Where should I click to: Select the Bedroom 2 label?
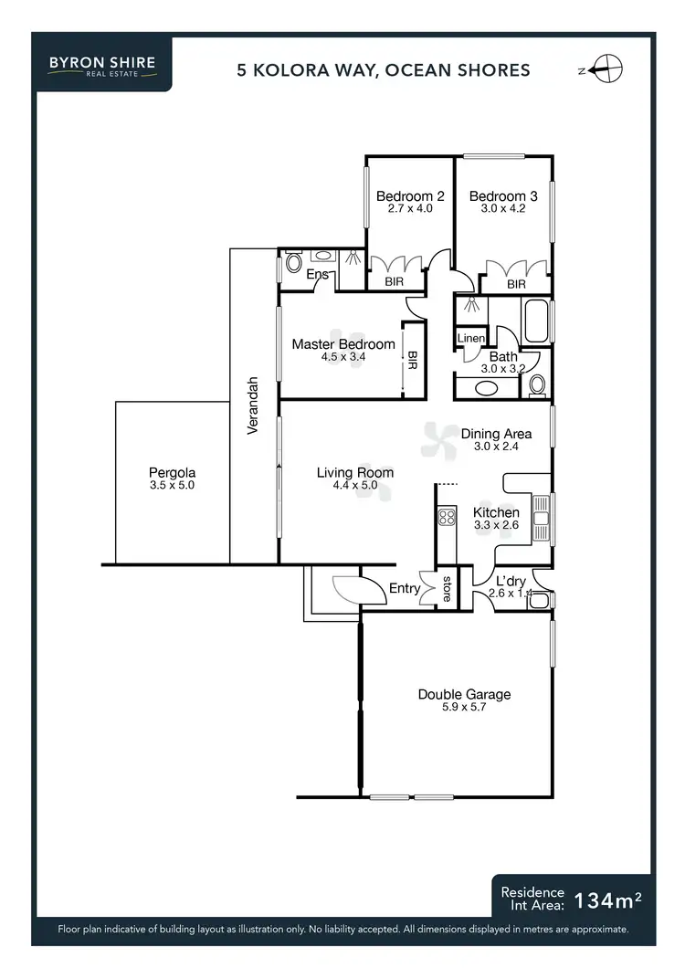coord(410,196)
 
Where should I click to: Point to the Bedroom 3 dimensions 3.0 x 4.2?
coord(503,209)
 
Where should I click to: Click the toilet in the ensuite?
coord(292,264)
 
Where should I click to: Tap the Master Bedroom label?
coord(343,344)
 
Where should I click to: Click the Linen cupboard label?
coord(471,339)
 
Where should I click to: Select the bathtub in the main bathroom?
coord(535,321)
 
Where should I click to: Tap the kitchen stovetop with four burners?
coord(447,518)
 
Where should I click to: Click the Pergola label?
coord(172,473)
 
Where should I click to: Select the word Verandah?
coord(255,405)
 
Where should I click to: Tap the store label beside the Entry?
coord(447,589)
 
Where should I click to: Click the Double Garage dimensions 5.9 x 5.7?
coord(464,708)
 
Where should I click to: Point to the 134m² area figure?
coord(607,900)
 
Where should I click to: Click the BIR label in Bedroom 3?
coord(516,285)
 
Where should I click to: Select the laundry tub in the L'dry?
coord(538,600)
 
